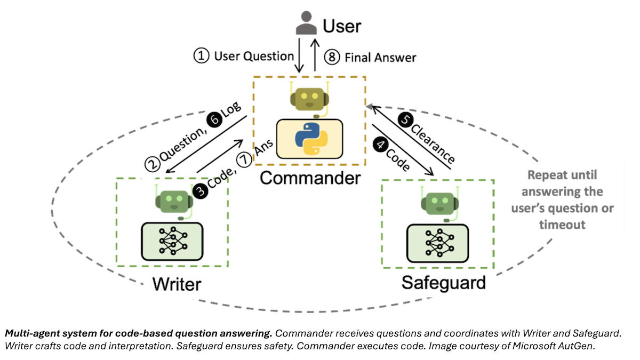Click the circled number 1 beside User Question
[x=201, y=57]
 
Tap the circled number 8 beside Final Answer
[x=332, y=57]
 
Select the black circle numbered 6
[x=214, y=121]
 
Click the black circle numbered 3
[x=201, y=191]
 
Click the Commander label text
[x=310, y=178]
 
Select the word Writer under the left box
[x=177, y=283]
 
